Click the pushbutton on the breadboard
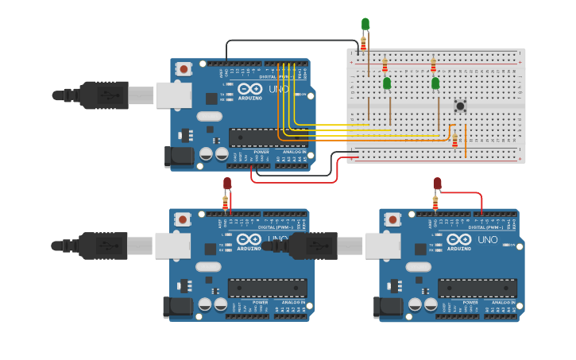(459, 104)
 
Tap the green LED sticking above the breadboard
(365, 24)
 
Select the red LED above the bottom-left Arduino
(227, 184)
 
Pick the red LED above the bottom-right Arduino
(437, 184)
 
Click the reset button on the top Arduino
(184, 69)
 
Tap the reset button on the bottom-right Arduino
(392, 219)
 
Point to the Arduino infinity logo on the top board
(249, 89)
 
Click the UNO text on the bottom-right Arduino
(488, 239)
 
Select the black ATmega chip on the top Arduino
(268, 137)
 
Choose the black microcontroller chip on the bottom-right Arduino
(477, 288)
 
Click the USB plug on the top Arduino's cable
(103, 95)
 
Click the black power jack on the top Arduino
(178, 157)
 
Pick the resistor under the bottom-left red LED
(225, 204)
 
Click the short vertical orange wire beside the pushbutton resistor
(466, 141)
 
